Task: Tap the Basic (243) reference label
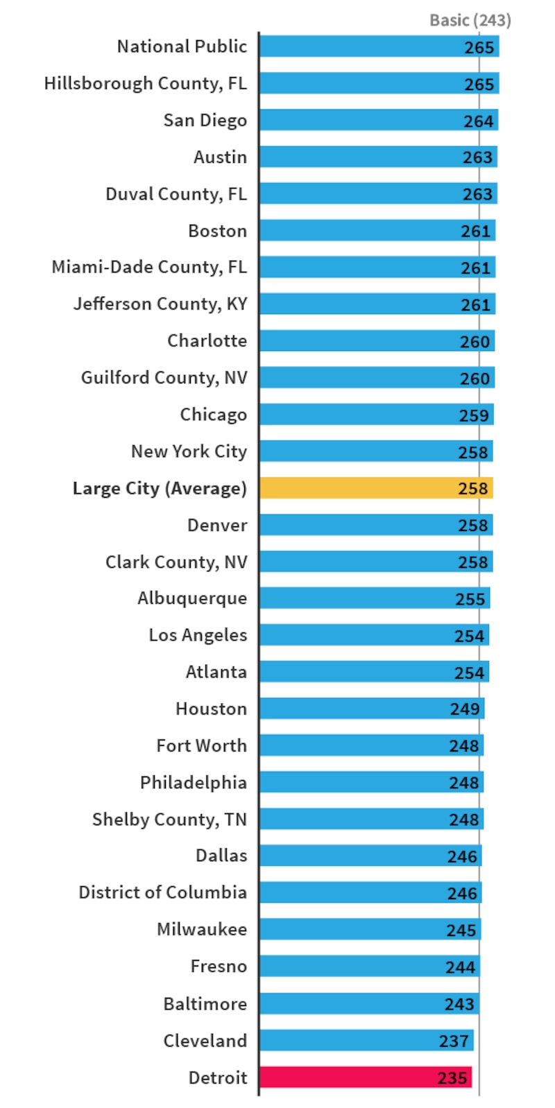pos(470,20)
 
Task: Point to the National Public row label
pos(182,46)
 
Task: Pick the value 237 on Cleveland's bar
pos(454,1041)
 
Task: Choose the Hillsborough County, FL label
pos(145,83)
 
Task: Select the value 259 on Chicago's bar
pos(474,415)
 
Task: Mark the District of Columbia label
pos(162,892)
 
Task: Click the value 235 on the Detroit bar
pos(452,1077)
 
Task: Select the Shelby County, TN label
pos(169,820)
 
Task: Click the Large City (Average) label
pos(160,489)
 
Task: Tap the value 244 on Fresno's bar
pos(460,967)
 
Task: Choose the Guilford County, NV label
pos(164,378)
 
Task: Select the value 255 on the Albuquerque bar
pos(470,598)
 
